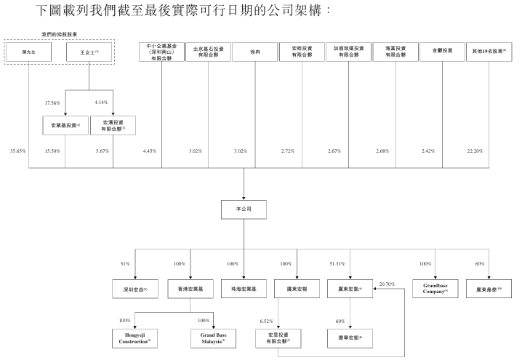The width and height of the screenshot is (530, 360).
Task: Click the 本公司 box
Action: pos(244,209)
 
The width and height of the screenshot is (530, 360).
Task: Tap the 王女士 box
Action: pos(89,51)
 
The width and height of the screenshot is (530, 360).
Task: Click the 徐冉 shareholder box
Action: pos(254,51)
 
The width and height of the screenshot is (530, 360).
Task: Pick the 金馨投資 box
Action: pos(442,51)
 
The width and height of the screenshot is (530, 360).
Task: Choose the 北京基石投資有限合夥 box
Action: pos(208,51)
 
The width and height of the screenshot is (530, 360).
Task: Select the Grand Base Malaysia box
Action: pos(214,337)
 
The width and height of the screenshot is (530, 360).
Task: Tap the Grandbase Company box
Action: pos(435,288)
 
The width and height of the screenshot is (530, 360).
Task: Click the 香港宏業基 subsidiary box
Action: pos(190,289)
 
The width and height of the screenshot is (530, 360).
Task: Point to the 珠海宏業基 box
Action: pos(244,289)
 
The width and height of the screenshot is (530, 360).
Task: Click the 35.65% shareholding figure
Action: pos(17,151)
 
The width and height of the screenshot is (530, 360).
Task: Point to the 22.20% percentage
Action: pos(475,151)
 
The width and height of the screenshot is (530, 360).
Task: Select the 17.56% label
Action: pos(52,103)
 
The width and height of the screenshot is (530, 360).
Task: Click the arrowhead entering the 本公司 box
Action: pos(244,197)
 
